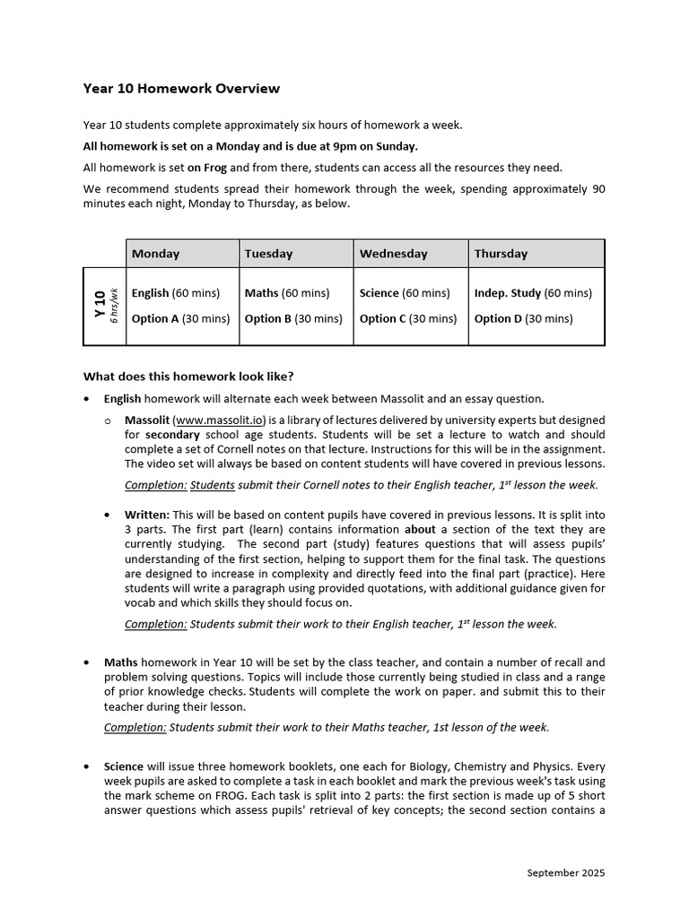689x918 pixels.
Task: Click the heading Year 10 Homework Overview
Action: point(181,89)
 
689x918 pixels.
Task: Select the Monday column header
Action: point(155,254)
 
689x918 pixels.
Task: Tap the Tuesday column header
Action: point(268,254)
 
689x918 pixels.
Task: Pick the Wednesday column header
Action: point(393,254)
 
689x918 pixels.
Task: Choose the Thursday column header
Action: point(501,254)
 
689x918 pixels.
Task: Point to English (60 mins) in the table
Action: point(179,293)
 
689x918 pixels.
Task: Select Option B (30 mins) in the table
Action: point(292,318)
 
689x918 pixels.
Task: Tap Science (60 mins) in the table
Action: point(405,293)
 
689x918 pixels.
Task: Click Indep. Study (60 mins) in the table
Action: point(533,293)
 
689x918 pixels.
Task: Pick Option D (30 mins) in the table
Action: point(523,318)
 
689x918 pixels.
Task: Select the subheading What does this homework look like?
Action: point(188,376)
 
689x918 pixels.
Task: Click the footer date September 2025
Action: point(565,872)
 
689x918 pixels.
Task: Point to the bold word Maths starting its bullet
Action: point(121,663)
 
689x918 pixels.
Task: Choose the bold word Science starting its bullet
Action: point(124,766)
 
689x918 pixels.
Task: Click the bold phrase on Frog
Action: point(207,168)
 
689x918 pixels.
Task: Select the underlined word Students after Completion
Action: point(213,485)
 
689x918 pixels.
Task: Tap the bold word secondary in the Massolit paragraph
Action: point(172,435)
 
